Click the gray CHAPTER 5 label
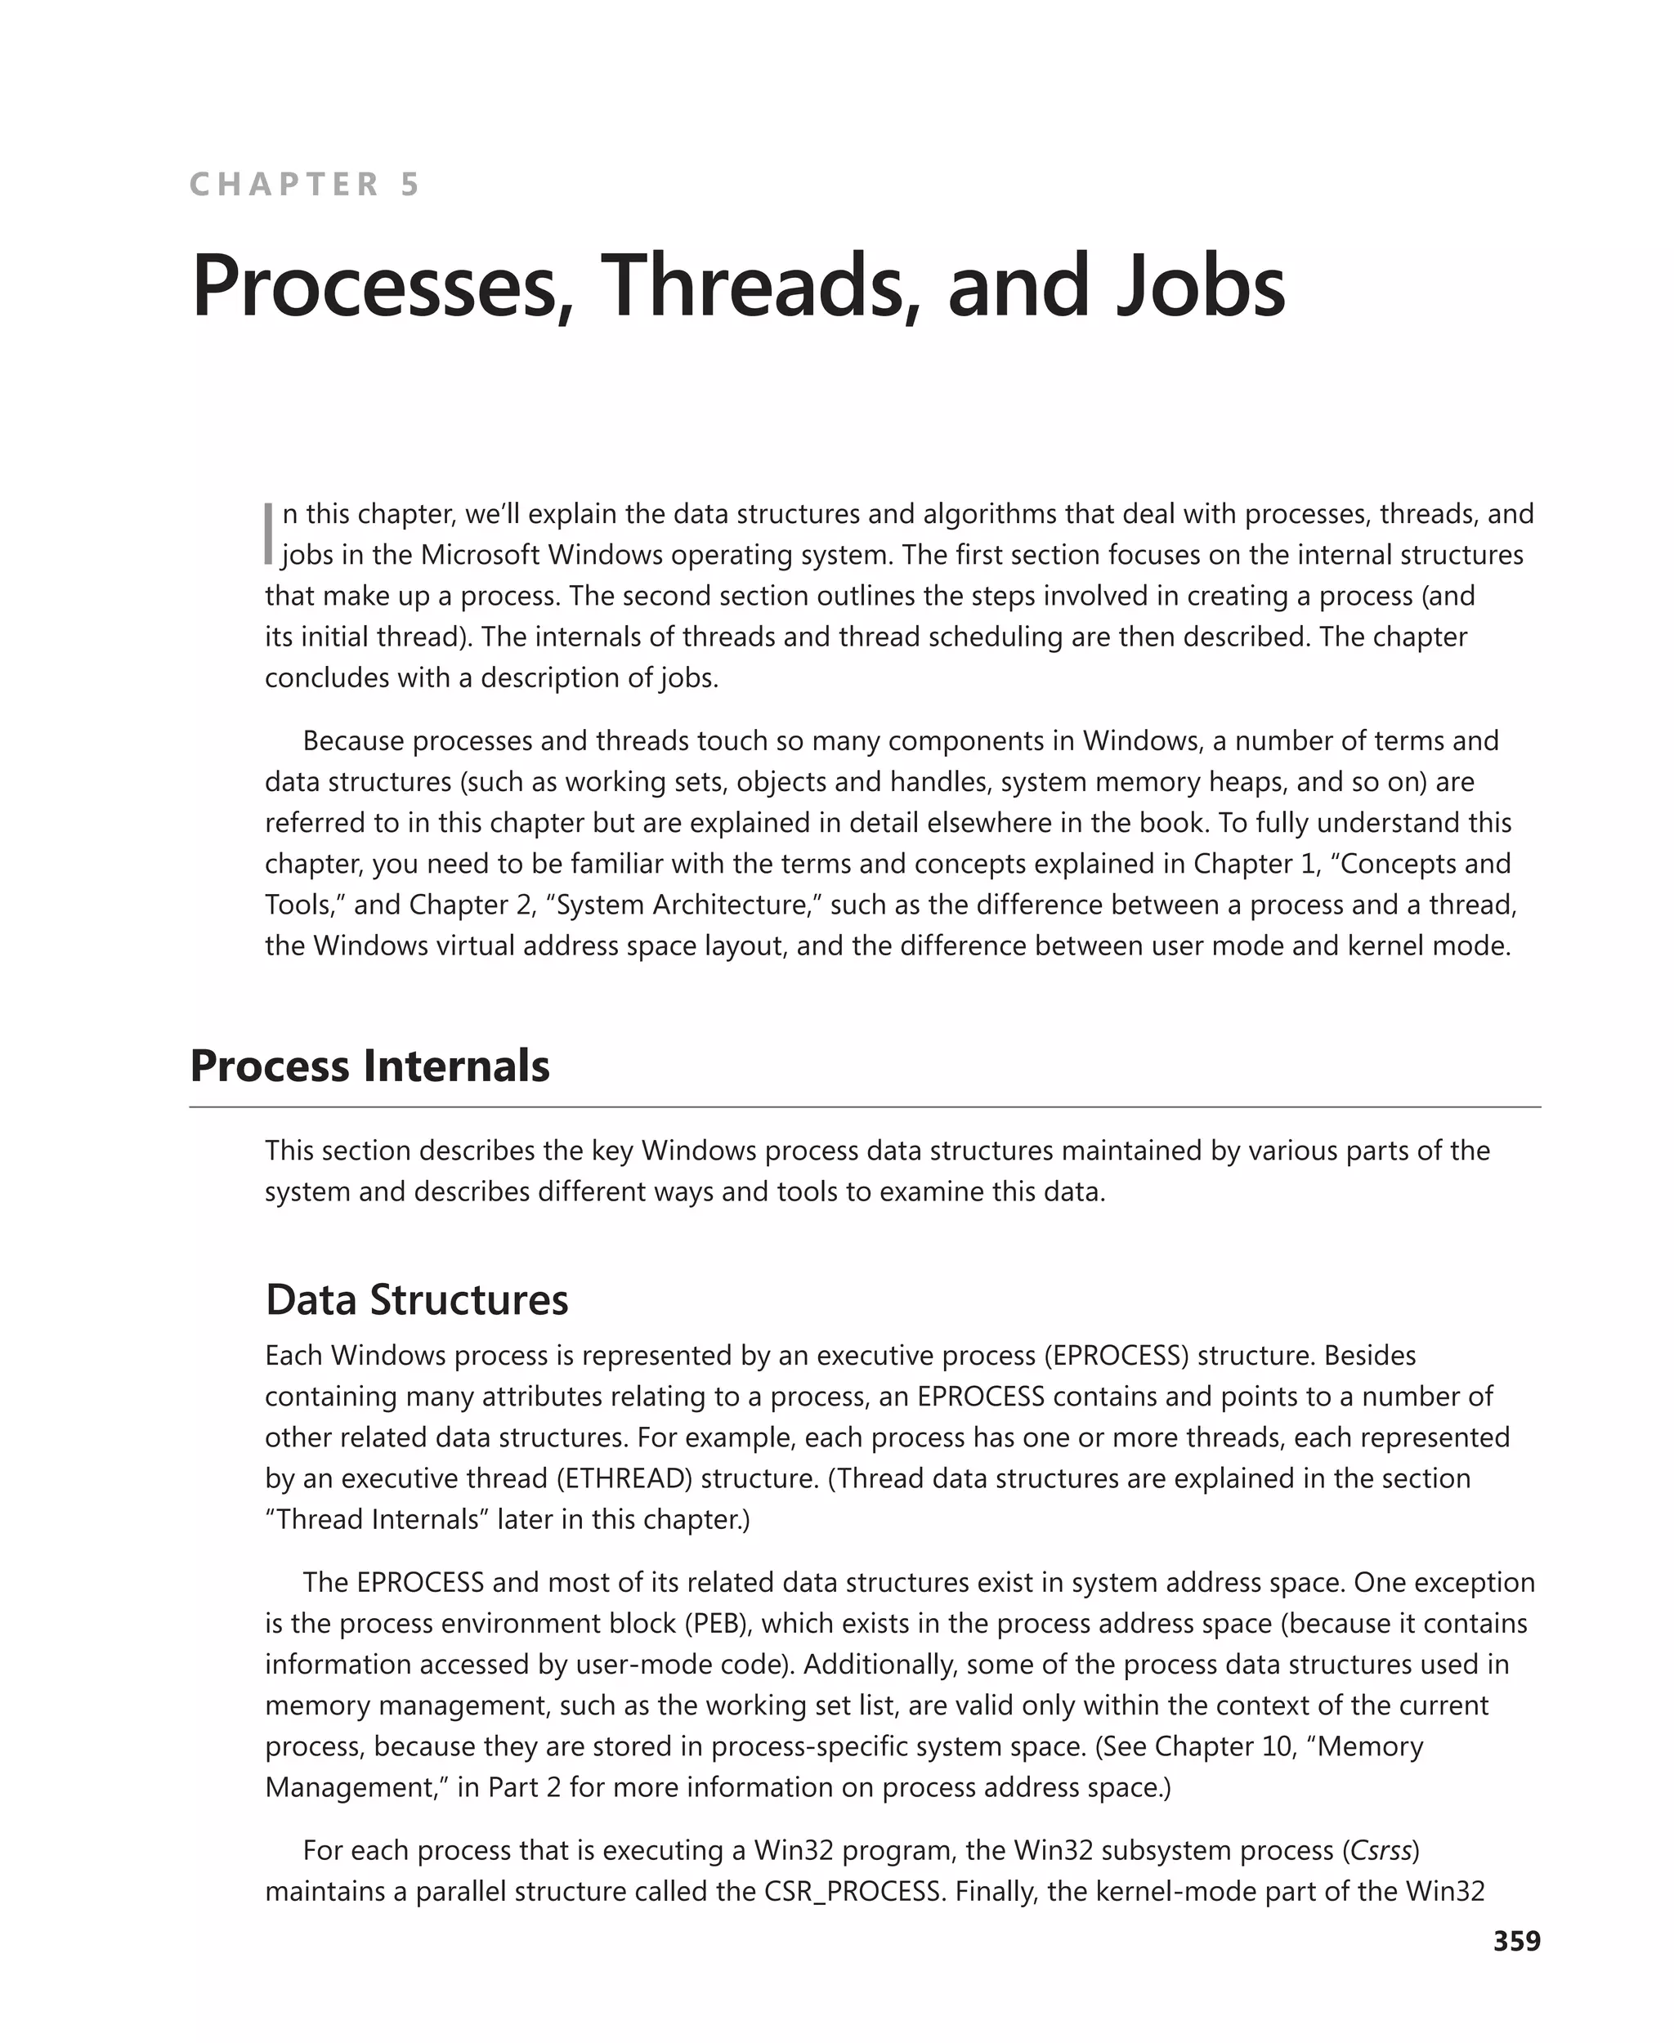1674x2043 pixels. coord(305,184)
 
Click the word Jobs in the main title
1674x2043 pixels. coord(1200,285)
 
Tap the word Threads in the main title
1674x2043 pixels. coord(753,285)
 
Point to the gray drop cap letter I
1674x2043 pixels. coord(269,533)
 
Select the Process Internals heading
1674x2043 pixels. coord(369,1066)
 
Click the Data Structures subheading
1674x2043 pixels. coord(417,1299)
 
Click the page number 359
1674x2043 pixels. coord(1517,1941)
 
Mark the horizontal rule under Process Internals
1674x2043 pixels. coord(864,1106)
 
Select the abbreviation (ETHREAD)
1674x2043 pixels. coord(624,1478)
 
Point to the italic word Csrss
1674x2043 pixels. coord(1382,1850)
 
